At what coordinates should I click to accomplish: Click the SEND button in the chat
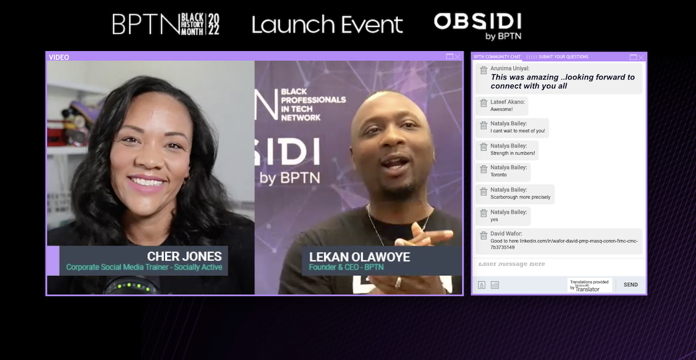click(630, 285)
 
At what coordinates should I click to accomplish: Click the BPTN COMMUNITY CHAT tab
click(497, 57)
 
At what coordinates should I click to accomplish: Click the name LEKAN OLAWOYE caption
click(360, 257)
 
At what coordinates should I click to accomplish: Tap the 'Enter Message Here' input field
click(557, 264)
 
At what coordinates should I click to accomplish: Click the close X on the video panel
click(458, 57)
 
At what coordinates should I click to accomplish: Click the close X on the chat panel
click(641, 57)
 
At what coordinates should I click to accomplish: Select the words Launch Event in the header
click(327, 25)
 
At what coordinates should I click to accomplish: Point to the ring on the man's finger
click(397, 282)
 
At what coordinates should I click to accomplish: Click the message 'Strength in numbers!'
click(513, 153)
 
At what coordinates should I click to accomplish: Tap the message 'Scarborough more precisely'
click(520, 197)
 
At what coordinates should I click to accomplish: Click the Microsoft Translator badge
click(589, 285)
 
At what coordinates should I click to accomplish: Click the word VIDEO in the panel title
click(59, 57)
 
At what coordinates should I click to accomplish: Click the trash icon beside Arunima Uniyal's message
click(483, 70)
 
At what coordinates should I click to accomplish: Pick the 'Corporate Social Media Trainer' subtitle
click(144, 267)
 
